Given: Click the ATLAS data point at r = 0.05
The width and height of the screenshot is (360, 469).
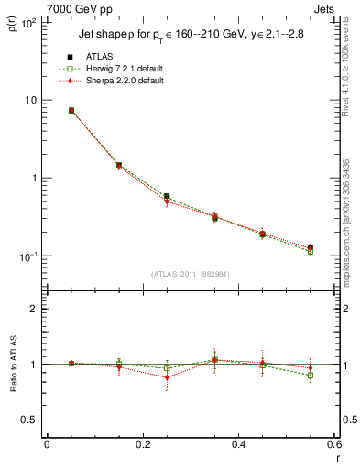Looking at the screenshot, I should coord(71,110).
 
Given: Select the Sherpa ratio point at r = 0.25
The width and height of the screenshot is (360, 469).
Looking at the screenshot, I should coord(167,377).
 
